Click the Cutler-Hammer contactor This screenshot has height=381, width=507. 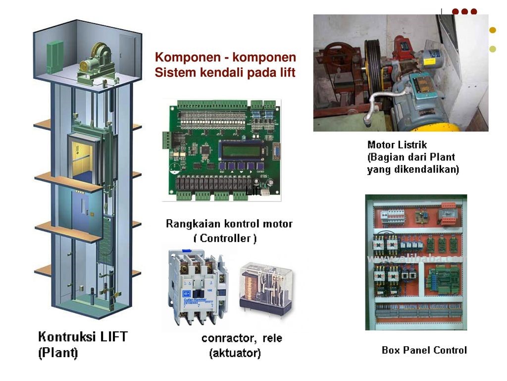(x=195, y=285)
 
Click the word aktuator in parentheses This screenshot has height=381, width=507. (x=235, y=354)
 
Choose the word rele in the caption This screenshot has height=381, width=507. (x=272, y=339)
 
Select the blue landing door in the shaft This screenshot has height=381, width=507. (x=81, y=211)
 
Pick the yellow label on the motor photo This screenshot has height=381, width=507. (x=429, y=62)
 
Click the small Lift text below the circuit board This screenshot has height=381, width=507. (x=253, y=191)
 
